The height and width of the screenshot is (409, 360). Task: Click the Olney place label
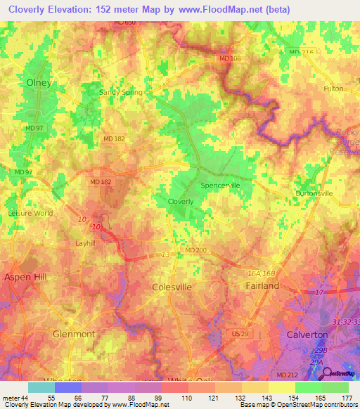tap(39, 82)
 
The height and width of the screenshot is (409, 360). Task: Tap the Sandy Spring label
tap(120, 92)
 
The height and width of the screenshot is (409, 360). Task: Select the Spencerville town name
tap(221, 186)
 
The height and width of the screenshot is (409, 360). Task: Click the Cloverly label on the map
tap(181, 202)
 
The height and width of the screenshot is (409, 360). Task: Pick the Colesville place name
tap(172, 287)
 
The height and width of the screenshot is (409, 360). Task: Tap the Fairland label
tap(262, 286)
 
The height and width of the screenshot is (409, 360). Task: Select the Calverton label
tap(307, 335)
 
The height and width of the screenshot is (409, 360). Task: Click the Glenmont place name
tap(74, 334)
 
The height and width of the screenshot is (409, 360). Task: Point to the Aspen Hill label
tap(26, 278)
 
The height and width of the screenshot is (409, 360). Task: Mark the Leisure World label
tap(30, 213)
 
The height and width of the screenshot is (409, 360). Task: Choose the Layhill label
tap(89, 243)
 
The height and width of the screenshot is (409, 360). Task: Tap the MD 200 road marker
tap(195, 249)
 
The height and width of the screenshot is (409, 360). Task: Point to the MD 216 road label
tap(300, 52)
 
